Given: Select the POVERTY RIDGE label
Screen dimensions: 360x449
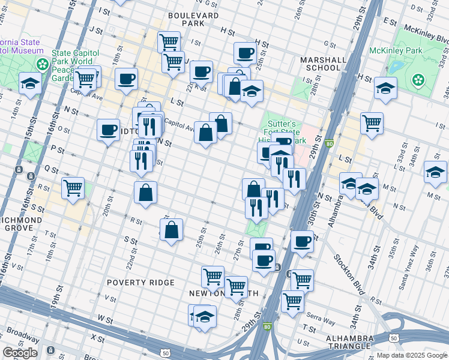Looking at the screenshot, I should point(140,282).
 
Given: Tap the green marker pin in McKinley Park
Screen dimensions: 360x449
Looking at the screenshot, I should point(418,79).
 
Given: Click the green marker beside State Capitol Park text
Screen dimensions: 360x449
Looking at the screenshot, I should point(43,64).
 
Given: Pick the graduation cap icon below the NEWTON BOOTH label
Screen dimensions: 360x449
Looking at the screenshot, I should point(205,316).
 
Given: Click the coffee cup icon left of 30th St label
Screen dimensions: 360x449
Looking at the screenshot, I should point(302,241).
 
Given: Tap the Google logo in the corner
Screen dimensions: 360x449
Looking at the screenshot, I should point(20,353).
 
